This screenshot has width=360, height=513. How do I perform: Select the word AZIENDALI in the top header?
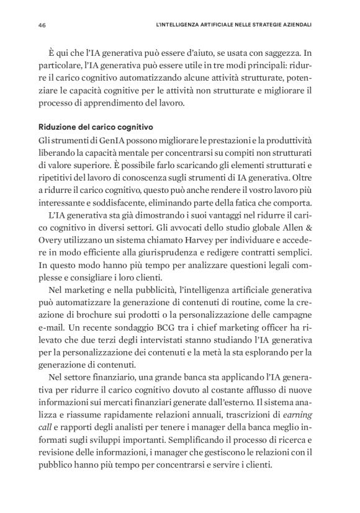(295, 25)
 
